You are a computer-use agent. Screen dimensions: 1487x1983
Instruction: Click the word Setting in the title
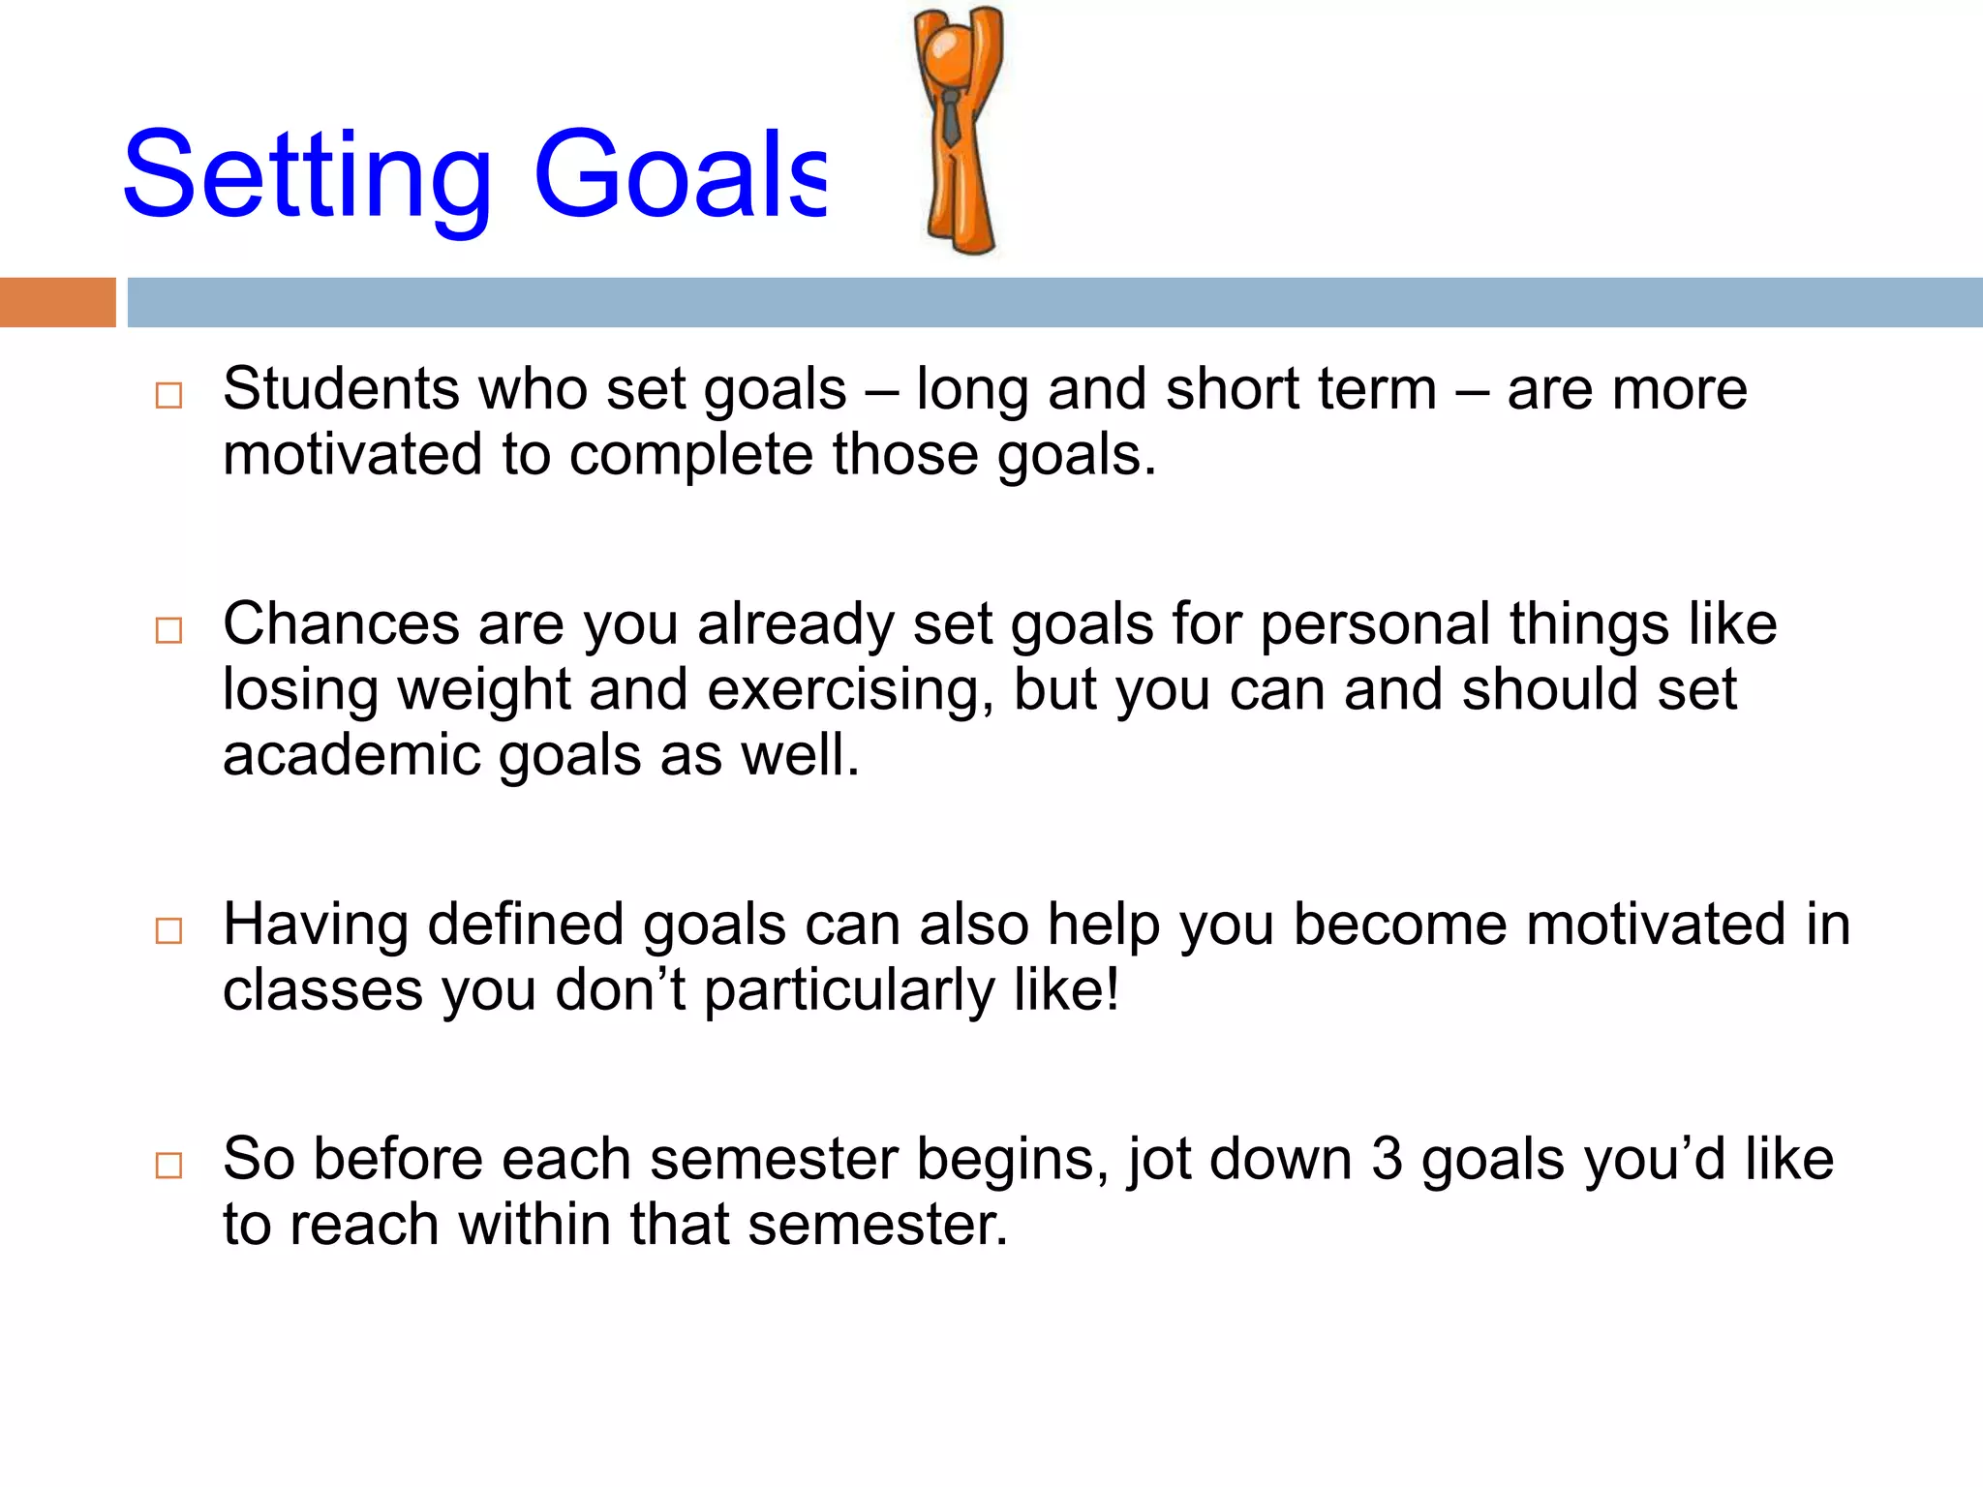click(308, 176)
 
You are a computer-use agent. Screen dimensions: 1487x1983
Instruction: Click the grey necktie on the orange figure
click(951, 118)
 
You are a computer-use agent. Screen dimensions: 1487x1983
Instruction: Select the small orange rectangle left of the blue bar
click(57, 302)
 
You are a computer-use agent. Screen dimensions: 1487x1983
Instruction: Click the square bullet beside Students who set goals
click(168, 395)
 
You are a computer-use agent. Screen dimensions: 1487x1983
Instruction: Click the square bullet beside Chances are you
click(168, 630)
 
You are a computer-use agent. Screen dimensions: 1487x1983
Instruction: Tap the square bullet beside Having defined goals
click(168, 930)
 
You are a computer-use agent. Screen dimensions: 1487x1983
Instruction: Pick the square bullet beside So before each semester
click(168, 1165)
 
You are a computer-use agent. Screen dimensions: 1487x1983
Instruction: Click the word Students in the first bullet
click(341, 389)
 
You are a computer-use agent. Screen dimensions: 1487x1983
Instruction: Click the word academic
click(351, 755)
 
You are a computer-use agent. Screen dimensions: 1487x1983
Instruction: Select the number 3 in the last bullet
click(1387, 1159)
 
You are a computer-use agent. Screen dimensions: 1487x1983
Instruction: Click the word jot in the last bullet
click(1159, 1161)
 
